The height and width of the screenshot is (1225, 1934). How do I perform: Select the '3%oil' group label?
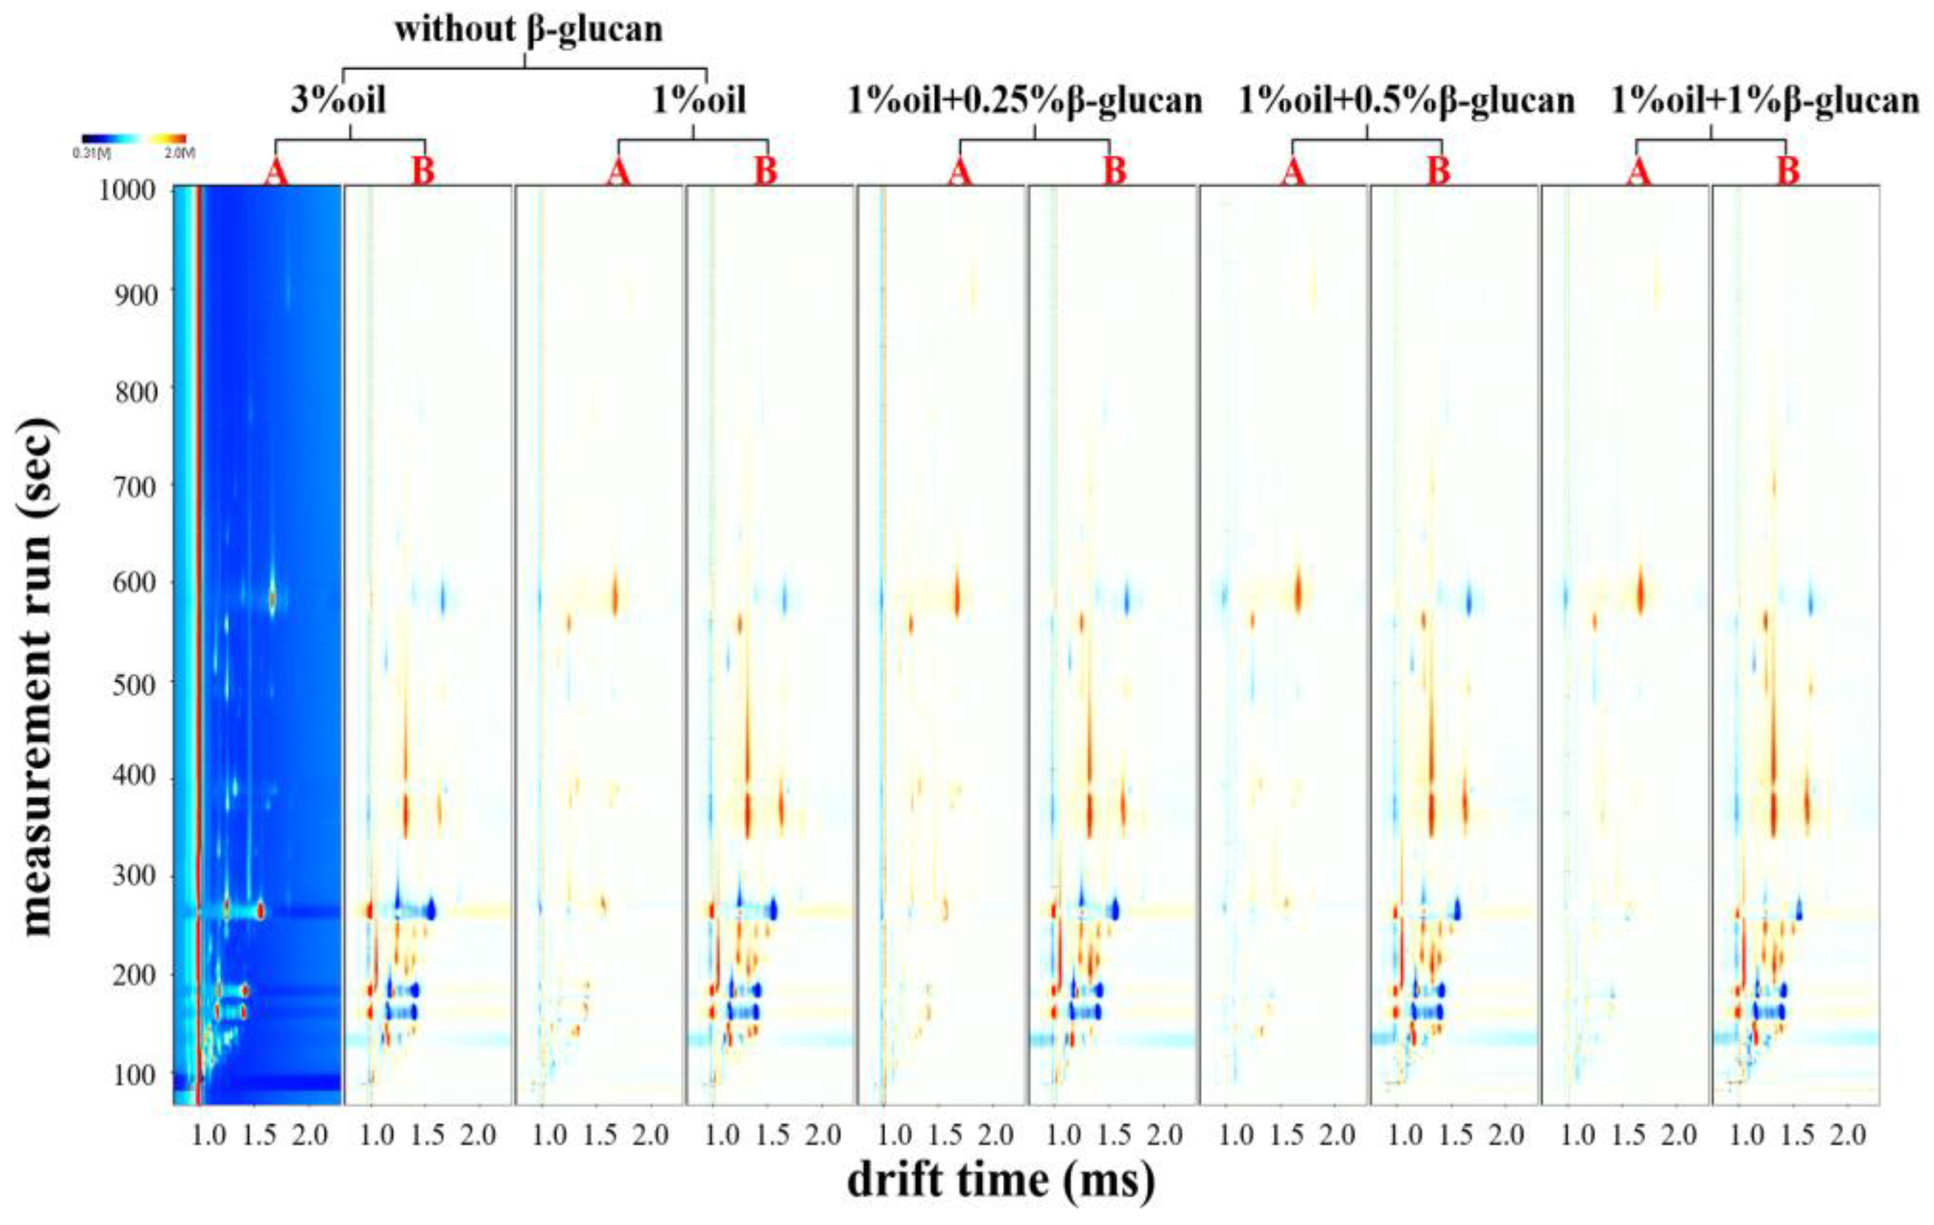pyautogui.click(x=338, y=101)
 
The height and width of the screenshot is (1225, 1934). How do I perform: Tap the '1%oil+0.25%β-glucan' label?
pyautogui.click(x=1025, y=101)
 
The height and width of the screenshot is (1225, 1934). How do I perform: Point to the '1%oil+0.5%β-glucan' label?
pyautogui.click(x=1405, y=101)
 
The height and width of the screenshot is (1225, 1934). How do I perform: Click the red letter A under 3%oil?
pyautogui.click(x=276, y=173)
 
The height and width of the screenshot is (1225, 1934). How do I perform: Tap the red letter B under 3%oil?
pyautogui.click(x=423, y=173)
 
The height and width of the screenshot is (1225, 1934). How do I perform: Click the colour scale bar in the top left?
pyautogui.click(x=134, y=138)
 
